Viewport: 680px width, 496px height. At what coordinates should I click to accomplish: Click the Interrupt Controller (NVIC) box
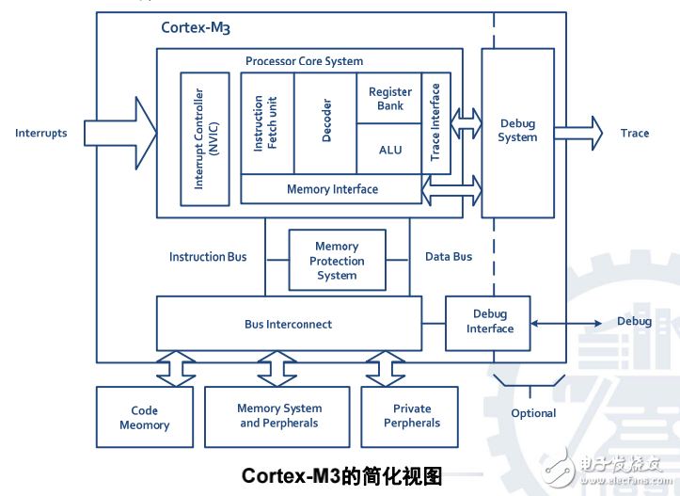(x=205, y=139)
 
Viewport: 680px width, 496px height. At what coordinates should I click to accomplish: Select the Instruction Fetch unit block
(x=267, y=123)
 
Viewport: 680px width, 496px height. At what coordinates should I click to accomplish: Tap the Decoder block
(x=325, y=123)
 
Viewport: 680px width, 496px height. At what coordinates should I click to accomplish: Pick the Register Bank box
(x=389, y=99)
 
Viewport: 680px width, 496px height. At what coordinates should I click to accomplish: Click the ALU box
(x=389, y=150)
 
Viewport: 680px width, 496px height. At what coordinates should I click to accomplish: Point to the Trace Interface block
(x=435, y=123)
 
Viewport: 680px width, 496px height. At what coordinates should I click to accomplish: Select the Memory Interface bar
(x=332, y=189)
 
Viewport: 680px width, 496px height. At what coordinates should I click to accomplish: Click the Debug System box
(x=517, y=132)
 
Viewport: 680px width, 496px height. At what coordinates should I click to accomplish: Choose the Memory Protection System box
(x=337, y=261)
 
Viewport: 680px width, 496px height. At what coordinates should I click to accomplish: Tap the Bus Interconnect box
(x=289, y=324)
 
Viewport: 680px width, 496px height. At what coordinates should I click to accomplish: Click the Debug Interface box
(x=488, y=322)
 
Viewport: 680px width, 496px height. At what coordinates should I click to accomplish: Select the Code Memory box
(x=145, y=418)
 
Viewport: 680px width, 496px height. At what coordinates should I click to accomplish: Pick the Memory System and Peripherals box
(x=279, y=416)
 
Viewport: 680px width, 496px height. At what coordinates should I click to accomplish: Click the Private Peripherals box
(x=411, y=416)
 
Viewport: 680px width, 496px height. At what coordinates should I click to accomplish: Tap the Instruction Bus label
(x=208, y=257)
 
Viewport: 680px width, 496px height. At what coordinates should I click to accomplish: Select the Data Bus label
(x=449, y=256)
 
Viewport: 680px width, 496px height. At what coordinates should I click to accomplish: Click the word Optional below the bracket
(x=533, y=413)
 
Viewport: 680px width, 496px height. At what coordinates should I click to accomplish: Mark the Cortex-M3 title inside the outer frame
(x=195, y=27)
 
